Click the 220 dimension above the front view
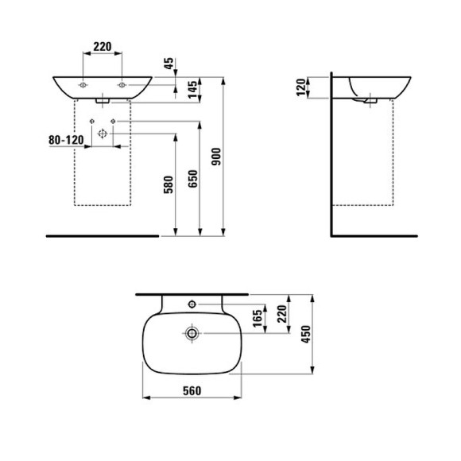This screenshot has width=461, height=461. [102, 47]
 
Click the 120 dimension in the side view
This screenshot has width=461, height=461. [300, 87]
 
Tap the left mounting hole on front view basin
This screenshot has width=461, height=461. [83, 83]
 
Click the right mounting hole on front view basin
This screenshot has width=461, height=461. [122, 83]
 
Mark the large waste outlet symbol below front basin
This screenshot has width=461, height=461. [102, 134]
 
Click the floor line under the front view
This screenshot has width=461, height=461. [102, 236]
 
